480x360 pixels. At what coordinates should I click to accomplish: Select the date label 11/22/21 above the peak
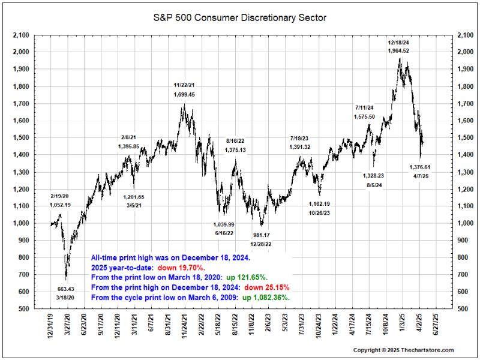(x=184, y=85)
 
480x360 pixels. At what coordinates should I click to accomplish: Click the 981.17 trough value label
(x=260, y=235)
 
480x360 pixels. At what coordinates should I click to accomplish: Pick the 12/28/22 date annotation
(x=260, y=244)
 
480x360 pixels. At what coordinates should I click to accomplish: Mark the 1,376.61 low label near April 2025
(x=420, y=167)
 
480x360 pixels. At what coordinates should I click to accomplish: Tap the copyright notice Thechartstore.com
(x=403, y=350)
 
